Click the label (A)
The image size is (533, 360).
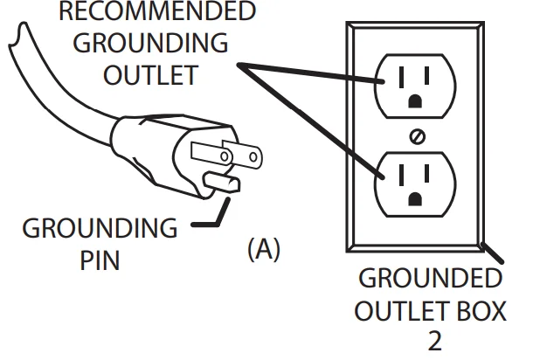click(x=263, y=250)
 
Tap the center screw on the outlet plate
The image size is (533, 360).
click(x=417, y=137)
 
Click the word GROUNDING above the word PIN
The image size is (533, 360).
click(x=99, y=230)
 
